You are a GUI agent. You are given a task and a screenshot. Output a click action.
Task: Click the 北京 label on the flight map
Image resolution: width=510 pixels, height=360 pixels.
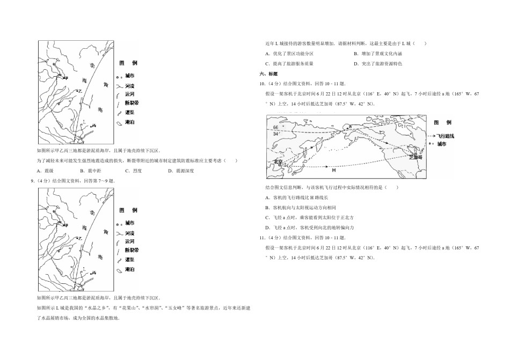point(278,161)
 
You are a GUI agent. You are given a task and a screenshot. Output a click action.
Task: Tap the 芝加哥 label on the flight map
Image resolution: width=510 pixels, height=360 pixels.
point(416,157)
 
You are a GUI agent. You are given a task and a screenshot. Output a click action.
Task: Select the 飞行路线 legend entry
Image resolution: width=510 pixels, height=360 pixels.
point(445,137)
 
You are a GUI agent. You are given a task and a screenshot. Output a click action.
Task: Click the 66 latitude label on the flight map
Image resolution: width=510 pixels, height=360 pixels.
point(275,127)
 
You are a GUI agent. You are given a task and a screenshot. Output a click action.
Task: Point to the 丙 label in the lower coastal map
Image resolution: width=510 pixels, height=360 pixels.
point(94,273)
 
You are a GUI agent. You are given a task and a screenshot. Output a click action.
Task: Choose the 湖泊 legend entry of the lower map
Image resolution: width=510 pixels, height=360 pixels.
point(129,269)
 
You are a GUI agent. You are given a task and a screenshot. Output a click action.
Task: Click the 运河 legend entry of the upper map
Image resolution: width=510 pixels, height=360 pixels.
point(129,93)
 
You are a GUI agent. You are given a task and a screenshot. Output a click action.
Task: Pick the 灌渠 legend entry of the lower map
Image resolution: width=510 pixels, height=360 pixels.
point(129,261)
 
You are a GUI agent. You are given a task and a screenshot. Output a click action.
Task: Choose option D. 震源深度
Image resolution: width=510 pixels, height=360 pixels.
point(180,171)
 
